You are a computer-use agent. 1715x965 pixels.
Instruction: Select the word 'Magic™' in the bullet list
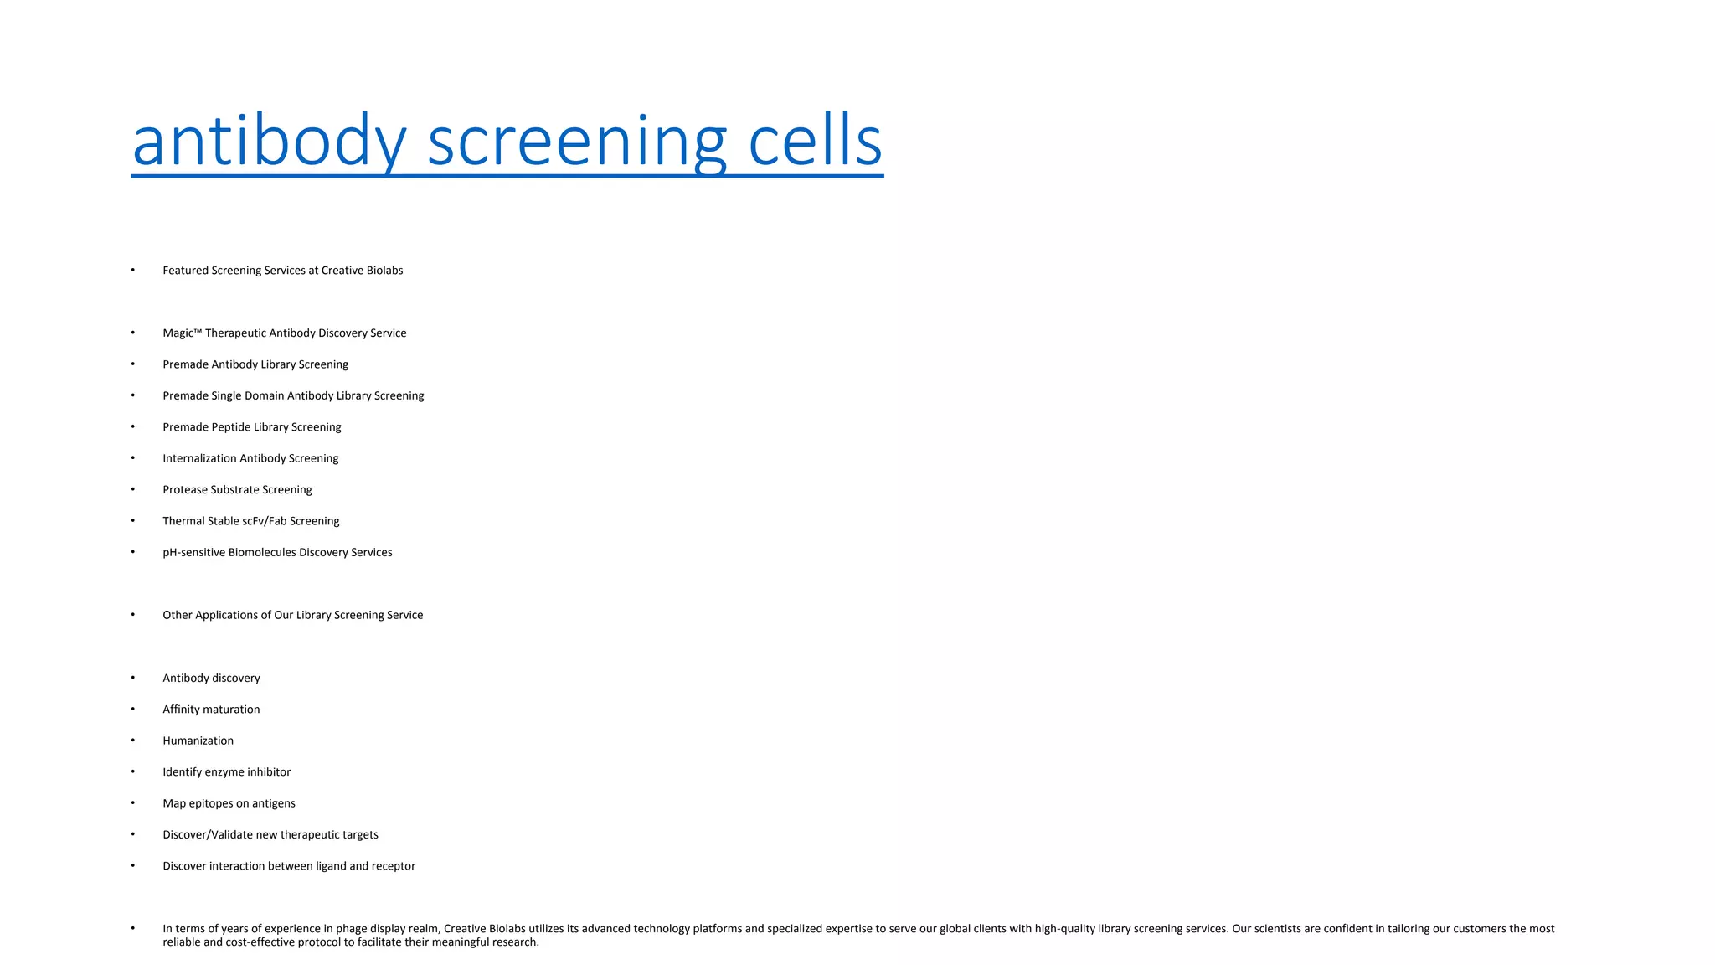183,333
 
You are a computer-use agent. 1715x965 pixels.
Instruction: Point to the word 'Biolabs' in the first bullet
384,271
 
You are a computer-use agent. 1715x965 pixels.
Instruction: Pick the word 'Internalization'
199,458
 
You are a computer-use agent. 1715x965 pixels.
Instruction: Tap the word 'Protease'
185,490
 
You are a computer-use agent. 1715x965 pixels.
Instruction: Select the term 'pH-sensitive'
193,553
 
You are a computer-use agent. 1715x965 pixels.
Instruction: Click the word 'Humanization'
198,741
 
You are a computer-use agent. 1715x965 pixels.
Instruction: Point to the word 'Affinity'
182,710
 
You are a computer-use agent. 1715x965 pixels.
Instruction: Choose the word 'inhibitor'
269,772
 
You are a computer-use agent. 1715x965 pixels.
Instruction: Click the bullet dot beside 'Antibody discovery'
133,678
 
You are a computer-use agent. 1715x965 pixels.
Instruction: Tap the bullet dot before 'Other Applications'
133,615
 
